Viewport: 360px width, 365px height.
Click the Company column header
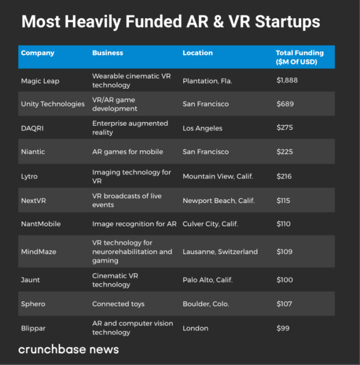click(38, 53)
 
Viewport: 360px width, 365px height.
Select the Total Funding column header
click(299, 57)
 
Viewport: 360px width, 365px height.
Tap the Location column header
click(198, 53)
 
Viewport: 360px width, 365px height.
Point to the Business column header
click(107, 53)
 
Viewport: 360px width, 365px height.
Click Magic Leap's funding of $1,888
click(287, 81)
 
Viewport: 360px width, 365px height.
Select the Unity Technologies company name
click(53, 104)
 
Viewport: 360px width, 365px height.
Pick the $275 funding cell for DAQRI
click(284, 128)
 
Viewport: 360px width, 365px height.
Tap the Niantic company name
click(33, 152)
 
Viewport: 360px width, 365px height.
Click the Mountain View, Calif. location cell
click(218, 176)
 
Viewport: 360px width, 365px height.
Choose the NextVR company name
click(34, 201)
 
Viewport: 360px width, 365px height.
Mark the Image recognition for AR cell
click(134, 224)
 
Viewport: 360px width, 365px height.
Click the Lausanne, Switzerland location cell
click(220, 252)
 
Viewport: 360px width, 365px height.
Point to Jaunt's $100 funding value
click(284, 280)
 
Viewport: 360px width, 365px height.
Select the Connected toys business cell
click(118, 304)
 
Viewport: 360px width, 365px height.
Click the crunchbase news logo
click(69, 349)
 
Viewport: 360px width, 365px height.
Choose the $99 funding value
click(283, 328)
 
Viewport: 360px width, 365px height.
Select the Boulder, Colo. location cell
click(206, 304)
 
